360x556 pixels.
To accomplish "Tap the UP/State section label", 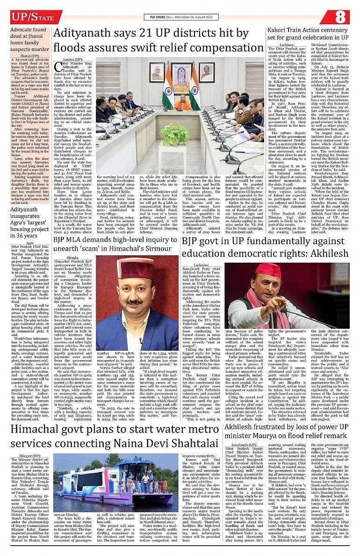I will click(30, 16).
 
